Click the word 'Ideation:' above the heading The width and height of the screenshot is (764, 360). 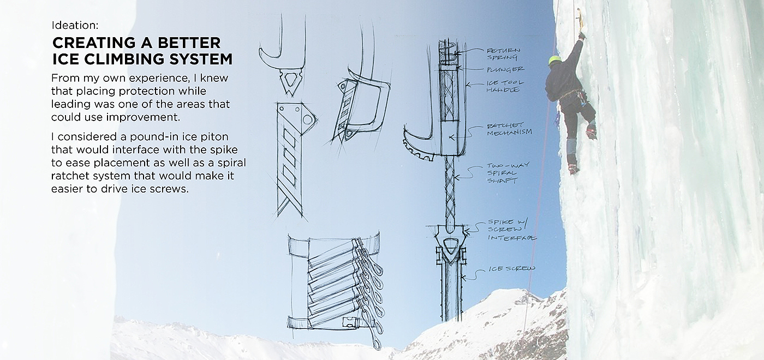tap(75, 25)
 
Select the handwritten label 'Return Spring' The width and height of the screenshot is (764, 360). tap(503, 54)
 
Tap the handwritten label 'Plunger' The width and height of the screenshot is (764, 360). tap(505, 70)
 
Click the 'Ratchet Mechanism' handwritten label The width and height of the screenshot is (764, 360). tap(509, 129)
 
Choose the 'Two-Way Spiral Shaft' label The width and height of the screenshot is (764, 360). tap(508, 172)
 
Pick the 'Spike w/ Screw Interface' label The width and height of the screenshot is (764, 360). tap(512, 230)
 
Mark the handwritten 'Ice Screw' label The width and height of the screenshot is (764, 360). tap(512, 268)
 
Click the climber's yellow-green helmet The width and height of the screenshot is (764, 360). tap(556, 61)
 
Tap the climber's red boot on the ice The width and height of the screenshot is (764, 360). tap(573, 169)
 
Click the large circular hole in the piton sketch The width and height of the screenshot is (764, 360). tap(307, 119)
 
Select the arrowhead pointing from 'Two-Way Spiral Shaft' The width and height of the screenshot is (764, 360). tap(457, 178)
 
